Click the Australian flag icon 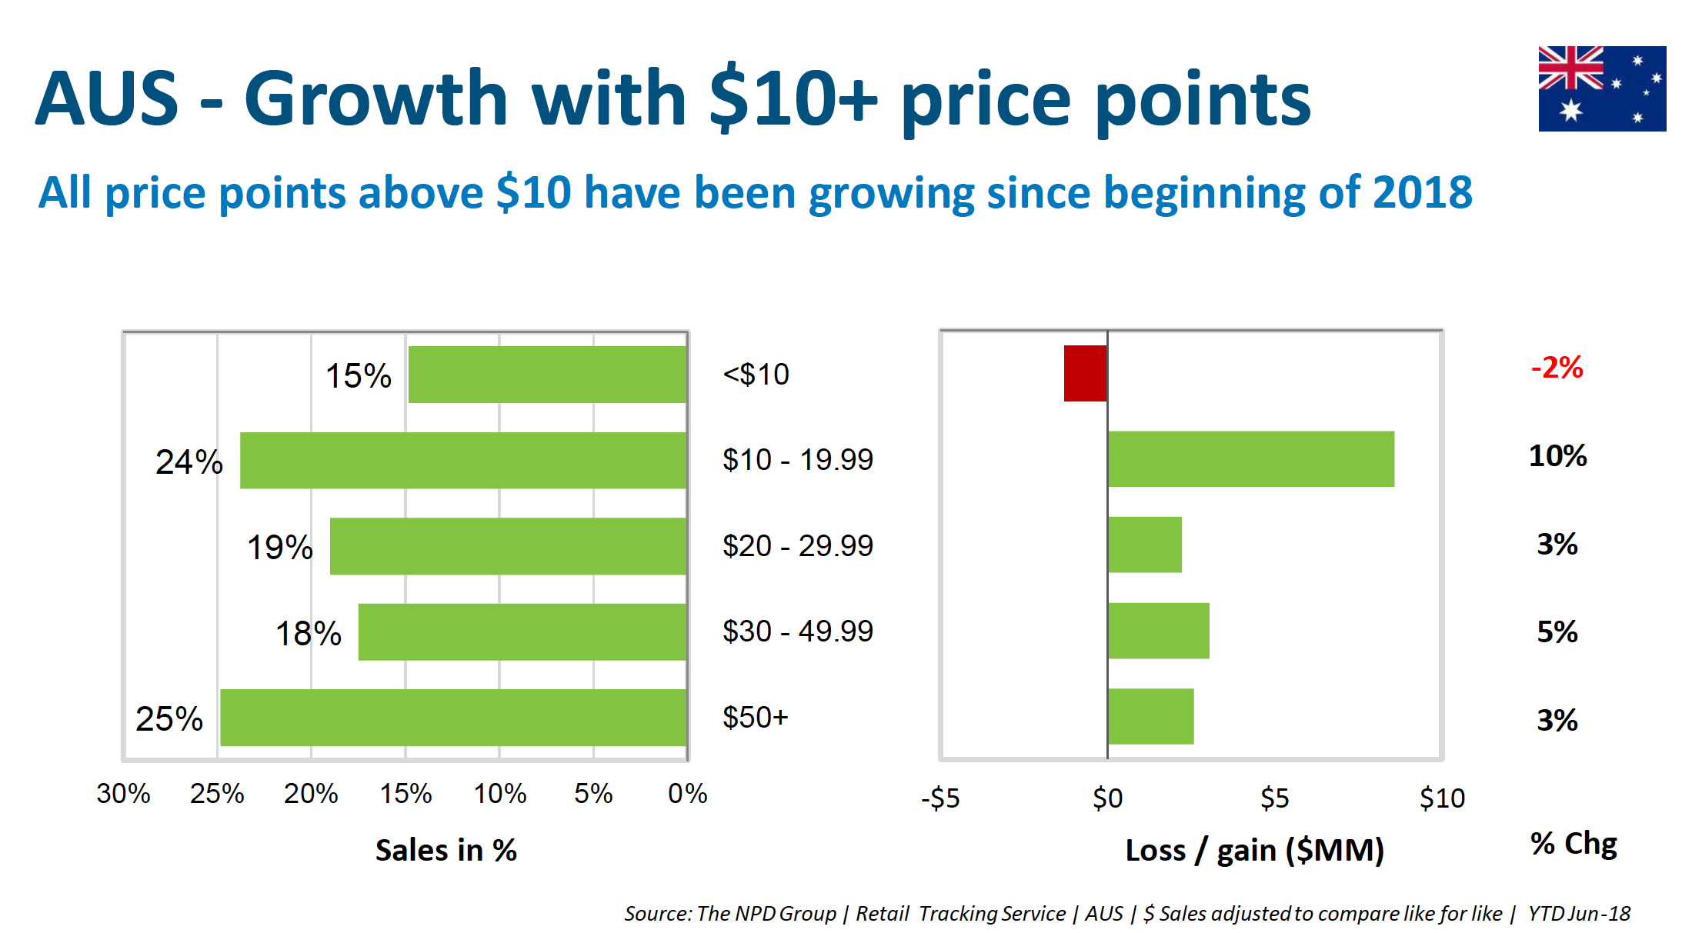pyautogui.click(x=1601, y=88)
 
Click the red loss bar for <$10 pyautogui.click(x=1085, y=373)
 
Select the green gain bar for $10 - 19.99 pyautogui.click(x=1250, y=459)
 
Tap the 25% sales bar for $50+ pyautogui.click(x=453, y=717)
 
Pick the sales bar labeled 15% pyautogui.click(x=547, y=375)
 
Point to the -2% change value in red pyautogui.click(x=1557, y=368)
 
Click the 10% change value pyautogui.click(x=1557, y=456)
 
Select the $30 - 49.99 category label pyautogui.click(x=797, y=631)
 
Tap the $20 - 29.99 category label pyautogui.click(x=797, y=546)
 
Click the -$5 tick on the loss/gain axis pyautogui.click(x=940, y=798)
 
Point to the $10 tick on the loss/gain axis pyautogui.click(x=1442, y=798)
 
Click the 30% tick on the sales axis pyautogui.click(x=123, y=794)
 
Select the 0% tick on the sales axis pyautogui.click(x=687, y=794)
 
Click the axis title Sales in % pyautogui.click(x=446, y=851)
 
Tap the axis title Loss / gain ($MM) pyautogui.click(x=1254, y=851)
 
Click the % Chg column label pyautogui.click(x=1574, y=844)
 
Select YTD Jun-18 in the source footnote pyautogui.click(x=1579, y=914)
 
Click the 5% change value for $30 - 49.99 pyautogui.click(x=1557, y=632)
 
